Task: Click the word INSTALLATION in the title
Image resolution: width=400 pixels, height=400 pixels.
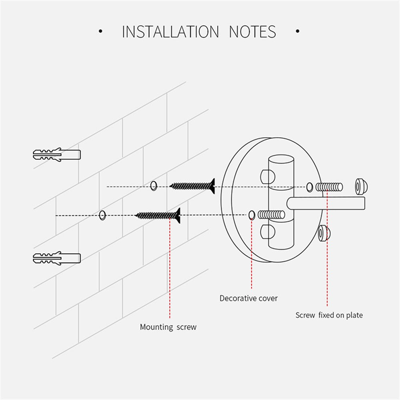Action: point(170,32)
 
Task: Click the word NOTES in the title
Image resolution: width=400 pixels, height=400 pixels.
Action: point(252,32)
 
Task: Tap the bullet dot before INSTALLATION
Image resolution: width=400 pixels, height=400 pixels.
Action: point(100,31)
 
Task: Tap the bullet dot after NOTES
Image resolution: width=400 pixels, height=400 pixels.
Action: point(297,31)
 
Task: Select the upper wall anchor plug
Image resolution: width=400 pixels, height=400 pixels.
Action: point(56,154)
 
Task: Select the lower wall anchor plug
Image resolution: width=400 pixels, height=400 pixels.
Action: point(56,258)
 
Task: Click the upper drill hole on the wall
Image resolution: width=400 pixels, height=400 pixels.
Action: point(154,186)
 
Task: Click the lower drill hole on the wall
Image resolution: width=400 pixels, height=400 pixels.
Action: point(102,215)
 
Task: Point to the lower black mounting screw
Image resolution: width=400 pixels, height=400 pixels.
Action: point(158,216)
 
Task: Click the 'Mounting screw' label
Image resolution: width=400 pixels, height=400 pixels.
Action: point(168,327)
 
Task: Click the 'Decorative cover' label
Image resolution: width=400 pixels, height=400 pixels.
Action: point(248,298)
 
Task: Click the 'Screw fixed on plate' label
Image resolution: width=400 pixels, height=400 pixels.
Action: point(329,315)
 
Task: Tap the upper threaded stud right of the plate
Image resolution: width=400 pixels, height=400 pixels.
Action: point(329,186)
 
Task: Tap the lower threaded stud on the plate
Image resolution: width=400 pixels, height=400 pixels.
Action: point(271,215)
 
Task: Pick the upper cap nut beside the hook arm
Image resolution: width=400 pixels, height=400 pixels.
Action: point(361,186)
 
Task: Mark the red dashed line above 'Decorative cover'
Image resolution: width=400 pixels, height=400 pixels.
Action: point(252,256)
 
